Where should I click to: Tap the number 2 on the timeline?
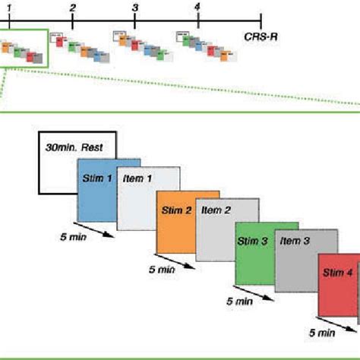click(x=71, y=8)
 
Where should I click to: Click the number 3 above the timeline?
click(x=134, y=8)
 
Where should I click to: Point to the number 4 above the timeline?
click(x=197, y=7)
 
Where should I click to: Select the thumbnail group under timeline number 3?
click(x=137, y=46)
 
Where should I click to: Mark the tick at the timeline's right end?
click(x=261, y=21)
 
